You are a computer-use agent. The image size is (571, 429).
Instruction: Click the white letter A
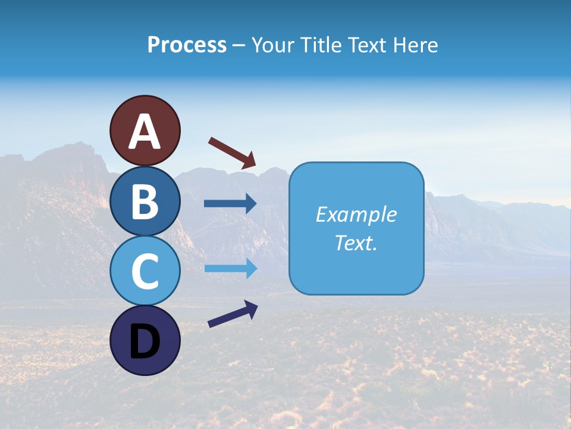point(145,132)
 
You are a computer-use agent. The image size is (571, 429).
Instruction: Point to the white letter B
point(145,202)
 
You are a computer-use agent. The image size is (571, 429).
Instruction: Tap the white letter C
point(145,272)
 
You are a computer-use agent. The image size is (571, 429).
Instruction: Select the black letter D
point(145,342)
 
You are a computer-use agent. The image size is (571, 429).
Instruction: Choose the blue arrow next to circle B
point(230,204)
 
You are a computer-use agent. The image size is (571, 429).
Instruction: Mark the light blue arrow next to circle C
point(230,268)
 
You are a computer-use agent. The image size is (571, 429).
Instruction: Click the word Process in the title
point(187,45)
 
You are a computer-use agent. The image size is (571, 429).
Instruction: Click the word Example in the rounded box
point(356,214)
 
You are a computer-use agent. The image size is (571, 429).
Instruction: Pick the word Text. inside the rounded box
point(356,243)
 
